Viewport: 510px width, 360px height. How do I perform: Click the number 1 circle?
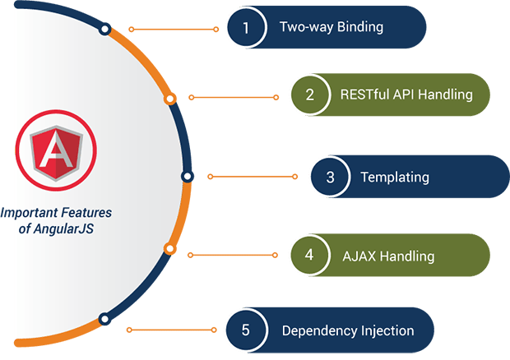pos(245,28)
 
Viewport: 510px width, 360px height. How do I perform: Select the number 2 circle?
pos(310,95)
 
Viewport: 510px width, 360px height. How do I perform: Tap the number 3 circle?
pos(330,177)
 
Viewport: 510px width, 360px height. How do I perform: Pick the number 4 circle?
pos(309,255)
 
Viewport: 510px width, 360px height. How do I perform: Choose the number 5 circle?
pos(245,330)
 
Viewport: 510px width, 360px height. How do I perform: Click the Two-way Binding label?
pos(331,28)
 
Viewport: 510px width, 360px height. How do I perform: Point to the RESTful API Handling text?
pos(406,95)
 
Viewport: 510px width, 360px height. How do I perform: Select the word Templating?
pos(395,177)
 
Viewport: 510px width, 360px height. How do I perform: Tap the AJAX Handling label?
pos(388,255)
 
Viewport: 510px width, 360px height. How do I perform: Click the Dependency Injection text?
pos(348,330)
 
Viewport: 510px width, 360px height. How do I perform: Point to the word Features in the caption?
pos(84,213)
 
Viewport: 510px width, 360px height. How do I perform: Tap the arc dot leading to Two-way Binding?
pos(104,29)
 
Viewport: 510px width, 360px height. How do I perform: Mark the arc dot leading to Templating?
pos(187,176)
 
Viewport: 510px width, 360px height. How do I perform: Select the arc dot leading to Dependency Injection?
pos(104,319)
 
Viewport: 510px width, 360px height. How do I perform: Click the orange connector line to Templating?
pos(253,176)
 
